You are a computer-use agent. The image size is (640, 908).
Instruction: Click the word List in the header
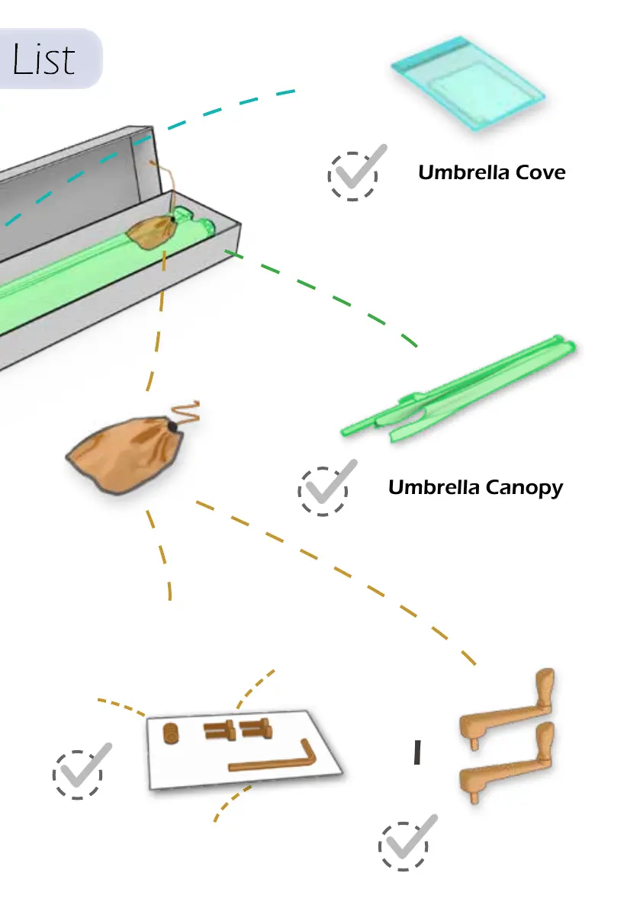(x=43, y=59)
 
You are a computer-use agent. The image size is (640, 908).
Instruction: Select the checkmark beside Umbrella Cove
(x=355, y=173)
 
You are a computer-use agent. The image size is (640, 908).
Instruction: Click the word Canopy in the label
(x=527, y=487)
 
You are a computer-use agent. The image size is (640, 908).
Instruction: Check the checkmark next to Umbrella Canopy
(x=325, y=488)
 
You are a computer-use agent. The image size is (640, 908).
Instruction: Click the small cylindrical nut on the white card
(x=172, y=733)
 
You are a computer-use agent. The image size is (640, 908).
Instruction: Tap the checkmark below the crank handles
(x=407, y=842)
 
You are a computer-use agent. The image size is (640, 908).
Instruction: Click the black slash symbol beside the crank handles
(x=416, y=752)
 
